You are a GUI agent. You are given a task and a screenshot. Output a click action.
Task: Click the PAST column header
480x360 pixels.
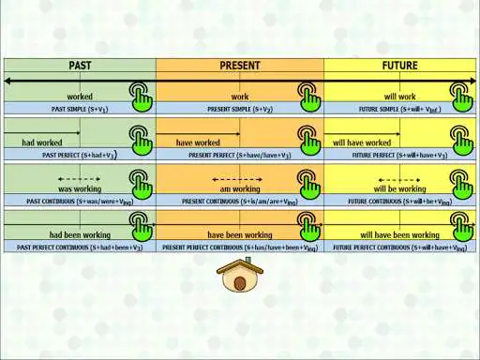(80, 66)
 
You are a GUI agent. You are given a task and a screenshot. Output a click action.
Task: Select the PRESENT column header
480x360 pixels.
(240, 66)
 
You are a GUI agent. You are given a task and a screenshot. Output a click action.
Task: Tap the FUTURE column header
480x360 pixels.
(400, 66)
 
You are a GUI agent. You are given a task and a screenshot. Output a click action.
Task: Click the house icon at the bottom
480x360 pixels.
(239, 277)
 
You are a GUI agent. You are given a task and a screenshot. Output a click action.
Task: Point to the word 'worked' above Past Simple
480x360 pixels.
(80, 97)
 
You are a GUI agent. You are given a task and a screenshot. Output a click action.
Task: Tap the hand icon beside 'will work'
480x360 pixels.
(460, 95)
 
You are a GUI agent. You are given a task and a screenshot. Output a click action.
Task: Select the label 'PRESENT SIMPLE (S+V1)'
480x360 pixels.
(240, 110)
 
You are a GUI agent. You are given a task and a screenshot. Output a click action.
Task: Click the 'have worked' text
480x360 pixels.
(198, 142)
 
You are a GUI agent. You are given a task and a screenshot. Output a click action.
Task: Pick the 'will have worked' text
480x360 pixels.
(362, 142)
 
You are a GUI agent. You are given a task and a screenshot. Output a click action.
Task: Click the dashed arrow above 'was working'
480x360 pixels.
(80, 178)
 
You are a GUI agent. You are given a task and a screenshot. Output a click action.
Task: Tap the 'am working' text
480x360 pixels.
(240, 188)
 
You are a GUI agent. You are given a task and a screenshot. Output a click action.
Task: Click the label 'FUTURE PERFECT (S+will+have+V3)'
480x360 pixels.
(400, 155)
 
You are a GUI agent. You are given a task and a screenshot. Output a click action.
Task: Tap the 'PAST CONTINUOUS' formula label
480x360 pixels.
(80, 202)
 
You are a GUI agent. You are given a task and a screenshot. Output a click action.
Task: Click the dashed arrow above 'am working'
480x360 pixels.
(240, 178)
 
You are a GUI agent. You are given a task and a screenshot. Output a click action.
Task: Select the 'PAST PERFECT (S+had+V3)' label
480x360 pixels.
(80, 155)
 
